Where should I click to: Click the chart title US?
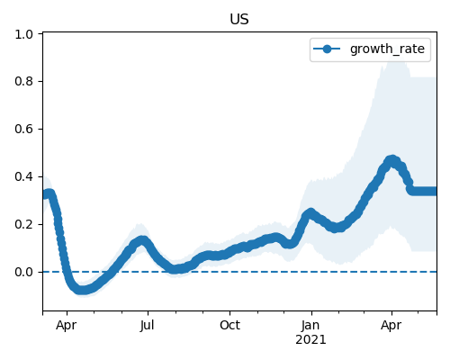point(239,20)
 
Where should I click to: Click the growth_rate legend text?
point(387,49)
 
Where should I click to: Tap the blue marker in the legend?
point(327,49)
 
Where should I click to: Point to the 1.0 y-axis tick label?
point(24,34)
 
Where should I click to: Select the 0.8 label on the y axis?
point(24,81)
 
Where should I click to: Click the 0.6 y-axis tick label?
point(24,129)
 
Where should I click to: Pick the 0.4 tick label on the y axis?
point(24,176)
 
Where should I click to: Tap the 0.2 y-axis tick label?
point(24,224)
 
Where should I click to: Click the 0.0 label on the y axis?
point(24,272)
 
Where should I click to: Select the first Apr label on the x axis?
point(67,326)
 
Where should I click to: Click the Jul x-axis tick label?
point(148,325)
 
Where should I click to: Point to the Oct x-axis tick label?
point(229,325)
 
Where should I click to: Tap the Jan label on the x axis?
point(310,325)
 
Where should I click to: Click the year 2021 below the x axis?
point(310,340)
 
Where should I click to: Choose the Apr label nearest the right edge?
point(391,326)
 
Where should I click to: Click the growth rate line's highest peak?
point(391,160)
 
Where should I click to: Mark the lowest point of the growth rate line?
point(82,290)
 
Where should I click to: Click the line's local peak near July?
point(142,240)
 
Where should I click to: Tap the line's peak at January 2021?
point(310,213)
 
